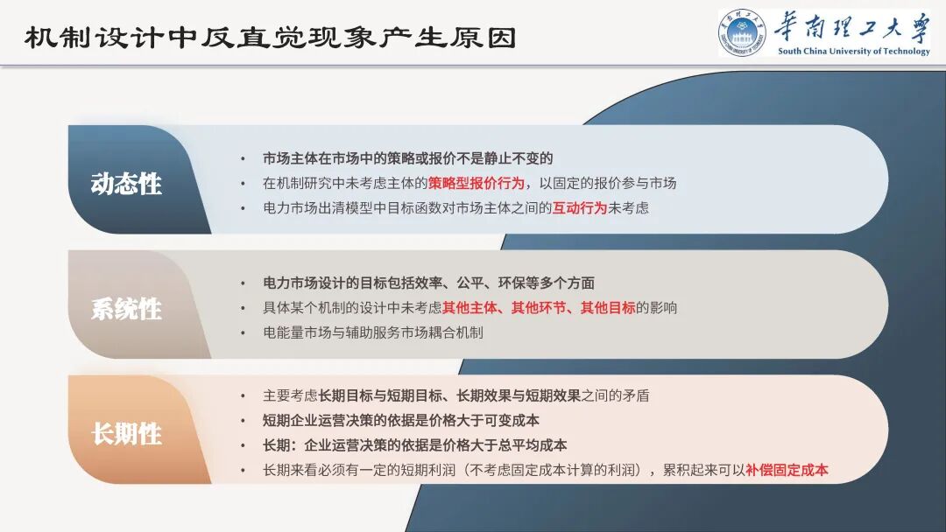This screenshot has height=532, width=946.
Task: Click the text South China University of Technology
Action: coord(853,51)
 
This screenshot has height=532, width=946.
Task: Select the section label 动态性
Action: coord(126,185)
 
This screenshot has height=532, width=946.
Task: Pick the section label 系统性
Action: coord(126,309)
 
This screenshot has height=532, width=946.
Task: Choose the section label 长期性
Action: coord(126,434)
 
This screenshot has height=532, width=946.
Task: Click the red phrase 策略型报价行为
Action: coord(477,184)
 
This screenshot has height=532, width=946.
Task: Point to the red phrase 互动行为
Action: coord(579,208)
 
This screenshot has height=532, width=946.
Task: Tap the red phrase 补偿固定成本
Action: coord(787,470)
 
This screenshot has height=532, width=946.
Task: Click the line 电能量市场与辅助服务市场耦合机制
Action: coord(373,332)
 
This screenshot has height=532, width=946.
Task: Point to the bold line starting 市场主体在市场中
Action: coord(408,158)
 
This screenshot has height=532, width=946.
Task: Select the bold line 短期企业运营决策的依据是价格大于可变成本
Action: coord(401,420)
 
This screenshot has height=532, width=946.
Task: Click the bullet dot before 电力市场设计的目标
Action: coord(244,283)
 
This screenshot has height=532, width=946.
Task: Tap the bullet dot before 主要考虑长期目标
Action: coord(244,395)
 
